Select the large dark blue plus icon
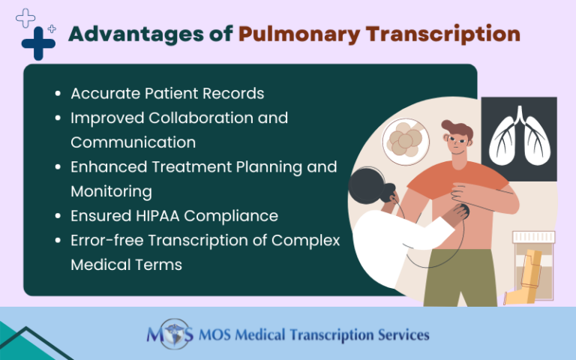(x=38, y=43)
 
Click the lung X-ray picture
(x=519, y=139)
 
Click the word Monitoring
(x=111, y=191)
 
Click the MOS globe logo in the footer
(x=170, y=334)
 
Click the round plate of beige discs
(x=409, y=139)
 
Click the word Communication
(x=133, y=142)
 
